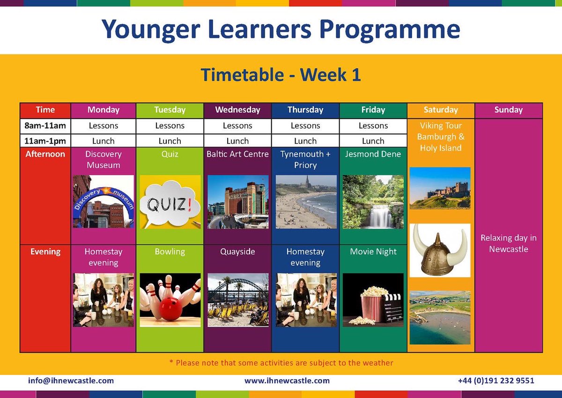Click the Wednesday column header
pyautogui.click(x=237, y=110)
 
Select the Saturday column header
pyautogui.click(x=441, y=110)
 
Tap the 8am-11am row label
pyautogui.click(x=45, y=126)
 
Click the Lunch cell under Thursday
pyautogui.click(x=305, y=141)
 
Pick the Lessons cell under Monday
pyautogui.click(x=104, y=126)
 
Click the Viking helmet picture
pyautogui.click(x=440, y=250)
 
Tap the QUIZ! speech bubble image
pyautogui.click(x=170, y=202)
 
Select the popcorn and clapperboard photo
pyautogui.click(x=373, y=300)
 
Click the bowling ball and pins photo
pyautogui.click(x=170, y=300)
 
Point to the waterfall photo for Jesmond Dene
pyautogui.click(x=373, y=202)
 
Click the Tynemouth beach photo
pyautogui.click(x=306, y=202)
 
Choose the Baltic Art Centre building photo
pyautogui.click(x=238, y=202)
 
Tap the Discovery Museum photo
pyautogui.click(x=104, y=202)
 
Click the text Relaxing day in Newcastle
pyautogui.click(x=509, y=243)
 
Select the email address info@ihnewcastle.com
pyautogui.click(x=71, y=381)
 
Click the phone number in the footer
pyautogui.click(x=496, y=381)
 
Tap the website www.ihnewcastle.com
pyautogui.click(x=287, y=381)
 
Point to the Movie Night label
pyautogui.click(x=373, y=252)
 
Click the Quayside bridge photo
pyautogui.click(x=238, y=300)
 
